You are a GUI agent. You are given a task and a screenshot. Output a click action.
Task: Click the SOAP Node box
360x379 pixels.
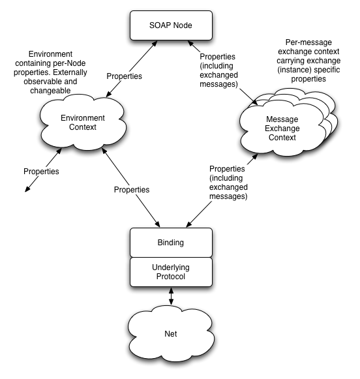pyautogui.click(x=171, y=26)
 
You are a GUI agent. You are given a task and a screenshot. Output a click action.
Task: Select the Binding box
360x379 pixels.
pyautogui.click(x=171, y=243)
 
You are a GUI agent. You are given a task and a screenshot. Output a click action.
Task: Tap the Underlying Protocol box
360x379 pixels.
pyautogui.click(x=171, y=272)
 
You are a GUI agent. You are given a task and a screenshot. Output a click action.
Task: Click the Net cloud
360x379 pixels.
pyautogui.click(x=170, y=334)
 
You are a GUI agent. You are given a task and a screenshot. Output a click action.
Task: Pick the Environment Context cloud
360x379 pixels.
pyautogui.click(x=83, y=122)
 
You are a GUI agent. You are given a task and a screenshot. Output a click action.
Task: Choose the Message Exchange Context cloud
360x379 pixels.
pyautogui.click(x=282, y=129)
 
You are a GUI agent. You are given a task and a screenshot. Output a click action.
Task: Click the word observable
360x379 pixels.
pyautogui.click(x=37, y=82)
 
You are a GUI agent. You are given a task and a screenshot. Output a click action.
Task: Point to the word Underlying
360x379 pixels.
pyautogui.click(x=171, y=267)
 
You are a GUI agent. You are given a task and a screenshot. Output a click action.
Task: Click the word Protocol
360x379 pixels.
pyautogui.click(x=171, y=277)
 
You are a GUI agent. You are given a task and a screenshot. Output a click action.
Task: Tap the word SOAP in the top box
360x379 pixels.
pyautogui.click(x=160, y=26)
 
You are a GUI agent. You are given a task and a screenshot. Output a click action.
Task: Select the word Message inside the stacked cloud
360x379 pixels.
pyautogui.click(x=282, y=119)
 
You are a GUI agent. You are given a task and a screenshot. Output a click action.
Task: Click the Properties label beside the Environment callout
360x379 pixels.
pyautogui.click(x=124, y=76)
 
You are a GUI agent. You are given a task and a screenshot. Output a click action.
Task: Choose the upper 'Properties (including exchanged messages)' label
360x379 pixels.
pyautogui.click(x=222, y=70)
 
